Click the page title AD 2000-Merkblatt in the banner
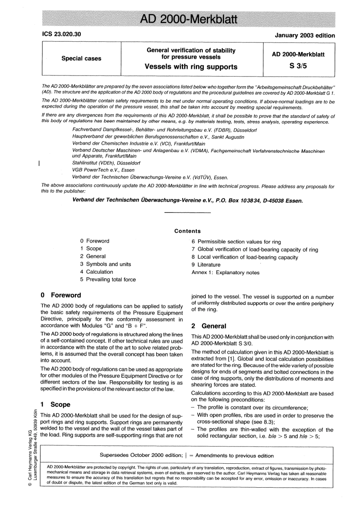[188, 19]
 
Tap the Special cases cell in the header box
[81, 58]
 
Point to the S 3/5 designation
[298, 66]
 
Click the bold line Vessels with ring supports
[191, 67]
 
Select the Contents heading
[187, 231]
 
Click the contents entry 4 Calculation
[96, 272]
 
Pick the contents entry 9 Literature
[206, 265]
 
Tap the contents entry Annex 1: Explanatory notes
[225, 272]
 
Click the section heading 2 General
[208, 326]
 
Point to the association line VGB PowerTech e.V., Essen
[103, 170]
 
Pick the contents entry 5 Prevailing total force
[108, 279]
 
